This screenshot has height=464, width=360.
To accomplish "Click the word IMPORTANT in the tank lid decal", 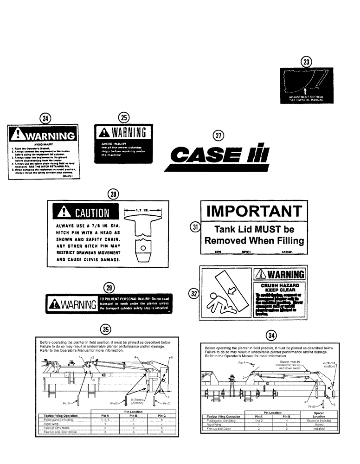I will point(253,212).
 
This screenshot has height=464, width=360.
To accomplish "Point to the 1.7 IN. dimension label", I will point(143,211).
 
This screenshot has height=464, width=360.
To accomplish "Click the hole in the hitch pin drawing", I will point(143,248).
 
